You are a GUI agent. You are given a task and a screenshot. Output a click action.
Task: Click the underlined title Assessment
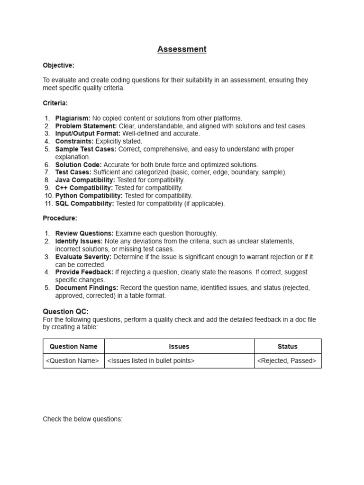point(182,49)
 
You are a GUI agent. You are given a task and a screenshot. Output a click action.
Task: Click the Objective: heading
point(58,65)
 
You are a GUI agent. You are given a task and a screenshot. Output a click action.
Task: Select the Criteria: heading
point(55,103)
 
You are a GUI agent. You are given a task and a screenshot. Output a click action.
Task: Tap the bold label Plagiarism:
point(73,118)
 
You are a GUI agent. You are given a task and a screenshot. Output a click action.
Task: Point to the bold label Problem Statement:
point(86,126)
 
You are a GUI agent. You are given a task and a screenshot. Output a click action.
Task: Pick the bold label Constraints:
point(74,141)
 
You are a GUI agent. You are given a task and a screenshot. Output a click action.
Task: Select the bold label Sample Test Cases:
point(86,149)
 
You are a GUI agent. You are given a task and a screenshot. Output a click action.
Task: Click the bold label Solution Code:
point(78,165)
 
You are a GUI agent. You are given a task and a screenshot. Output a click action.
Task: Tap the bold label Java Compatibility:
point(85,180)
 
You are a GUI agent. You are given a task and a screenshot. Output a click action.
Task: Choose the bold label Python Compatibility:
point(89,196)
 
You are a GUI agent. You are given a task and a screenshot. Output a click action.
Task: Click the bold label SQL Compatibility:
point(84,204)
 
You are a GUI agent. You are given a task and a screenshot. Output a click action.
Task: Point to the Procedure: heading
point(60,218)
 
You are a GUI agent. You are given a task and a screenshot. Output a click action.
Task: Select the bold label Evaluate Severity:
point(83,257)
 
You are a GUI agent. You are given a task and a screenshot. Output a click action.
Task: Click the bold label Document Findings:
point(87,288)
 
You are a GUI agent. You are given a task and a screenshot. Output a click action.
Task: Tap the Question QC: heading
point(65,311)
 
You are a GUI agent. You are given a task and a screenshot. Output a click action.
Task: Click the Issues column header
point(179,347)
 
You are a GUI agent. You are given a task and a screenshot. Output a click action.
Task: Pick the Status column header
point(287,347)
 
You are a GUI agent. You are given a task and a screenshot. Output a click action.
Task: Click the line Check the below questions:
point(82,419)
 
